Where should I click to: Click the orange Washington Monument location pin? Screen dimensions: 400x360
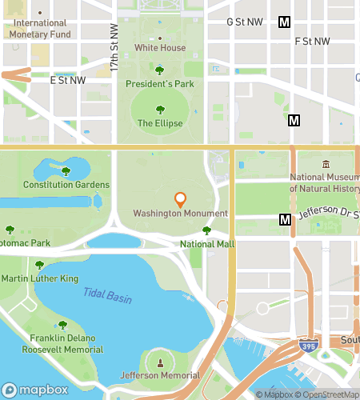pos(180,198)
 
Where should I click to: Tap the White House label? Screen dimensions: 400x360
pos(160,48)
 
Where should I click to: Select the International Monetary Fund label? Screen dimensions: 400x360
pos(42,29)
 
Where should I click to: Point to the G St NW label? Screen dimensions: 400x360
pos(246,22)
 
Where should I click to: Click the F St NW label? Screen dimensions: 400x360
pos(312,41)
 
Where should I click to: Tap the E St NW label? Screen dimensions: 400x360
pos(67,80)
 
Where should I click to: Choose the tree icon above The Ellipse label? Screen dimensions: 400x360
pos(160,110)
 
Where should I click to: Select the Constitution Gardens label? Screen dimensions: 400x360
pos(66,185)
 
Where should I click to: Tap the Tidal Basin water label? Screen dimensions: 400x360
pos(107,298)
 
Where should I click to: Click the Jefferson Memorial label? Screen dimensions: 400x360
pos(160,375)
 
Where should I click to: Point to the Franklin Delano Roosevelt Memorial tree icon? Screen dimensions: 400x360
pos(62,325)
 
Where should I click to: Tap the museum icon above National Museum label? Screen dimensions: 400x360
pos(326,165)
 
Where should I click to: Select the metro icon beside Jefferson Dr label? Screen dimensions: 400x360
pos(285,219)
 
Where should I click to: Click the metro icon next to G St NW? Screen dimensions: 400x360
pos(283,22)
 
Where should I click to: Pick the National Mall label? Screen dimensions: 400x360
pos(207,243)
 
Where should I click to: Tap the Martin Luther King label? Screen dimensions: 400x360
pos(40,278)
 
